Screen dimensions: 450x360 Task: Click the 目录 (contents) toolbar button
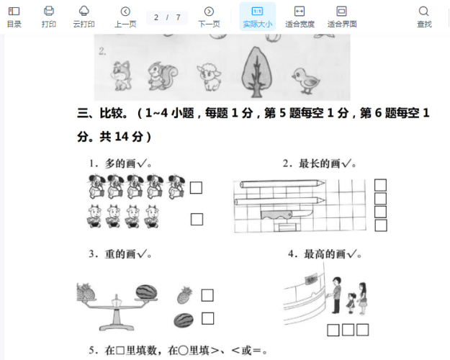14,17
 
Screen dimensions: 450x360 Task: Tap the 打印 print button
48,17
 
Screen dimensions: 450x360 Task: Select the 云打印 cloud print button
84,17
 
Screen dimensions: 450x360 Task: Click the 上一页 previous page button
125,17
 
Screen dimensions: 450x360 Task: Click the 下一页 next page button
209,17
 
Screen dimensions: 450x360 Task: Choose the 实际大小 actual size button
258,17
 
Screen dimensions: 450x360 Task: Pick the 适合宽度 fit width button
300,17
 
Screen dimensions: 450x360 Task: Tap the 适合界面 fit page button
342,17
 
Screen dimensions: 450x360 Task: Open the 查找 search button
424,17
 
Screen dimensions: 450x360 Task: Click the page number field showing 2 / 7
167,18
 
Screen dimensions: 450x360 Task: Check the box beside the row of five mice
196,188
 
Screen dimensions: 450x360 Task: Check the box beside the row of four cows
197,219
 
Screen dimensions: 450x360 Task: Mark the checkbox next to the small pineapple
207,295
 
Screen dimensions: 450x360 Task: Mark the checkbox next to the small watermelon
208,318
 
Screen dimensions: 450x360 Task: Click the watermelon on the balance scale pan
146,292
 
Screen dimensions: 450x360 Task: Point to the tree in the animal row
256,72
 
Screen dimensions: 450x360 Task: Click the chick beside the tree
306,81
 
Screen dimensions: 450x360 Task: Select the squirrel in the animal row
163,76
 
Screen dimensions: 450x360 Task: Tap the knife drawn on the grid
285,215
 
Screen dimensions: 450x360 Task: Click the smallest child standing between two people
351,303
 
